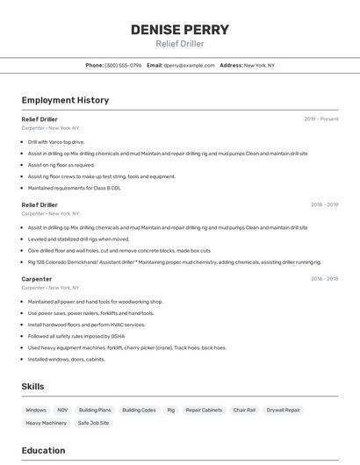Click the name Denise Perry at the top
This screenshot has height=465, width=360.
[x=180, y=30]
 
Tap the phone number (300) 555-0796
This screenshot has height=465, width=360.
[x=123, y=65]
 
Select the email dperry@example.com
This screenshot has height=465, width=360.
[x=189, y=65]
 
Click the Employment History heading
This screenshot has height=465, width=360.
[x=65, y=100]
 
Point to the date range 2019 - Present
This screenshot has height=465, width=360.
[x=321, y=119]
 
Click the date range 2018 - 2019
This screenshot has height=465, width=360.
[x=324, y=205]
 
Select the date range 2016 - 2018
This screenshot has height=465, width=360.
[x=324, y=279]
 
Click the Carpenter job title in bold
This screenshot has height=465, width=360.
[x=37, y=279]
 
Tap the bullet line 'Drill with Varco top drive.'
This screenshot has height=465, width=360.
[x=56, y=141]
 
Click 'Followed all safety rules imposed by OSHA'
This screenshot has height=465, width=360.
[x=76, y=336]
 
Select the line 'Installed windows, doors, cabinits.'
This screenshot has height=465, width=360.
[x=67, y=359]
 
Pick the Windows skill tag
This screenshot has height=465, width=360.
[x=36, y=410]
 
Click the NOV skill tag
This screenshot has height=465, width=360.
[x=62, y=410]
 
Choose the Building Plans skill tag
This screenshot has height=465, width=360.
[x=95, y=410]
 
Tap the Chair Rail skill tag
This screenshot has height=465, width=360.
[x=244, y=410]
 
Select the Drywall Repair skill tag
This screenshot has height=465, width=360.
[x=283, y=410]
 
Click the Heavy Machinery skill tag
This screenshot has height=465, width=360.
[x=46, y=423]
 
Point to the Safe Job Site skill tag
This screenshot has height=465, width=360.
[x=93, y=423]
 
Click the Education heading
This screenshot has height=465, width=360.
[x=43, y=451]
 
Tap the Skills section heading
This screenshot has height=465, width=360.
[x=32, y=386]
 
